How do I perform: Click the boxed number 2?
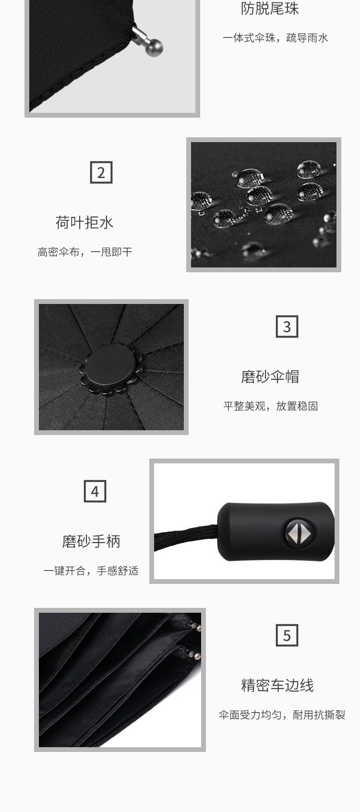pos(101,172)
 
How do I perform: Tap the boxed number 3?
pos(287,327)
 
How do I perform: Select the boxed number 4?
pos(95,491)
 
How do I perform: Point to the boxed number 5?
pos(287,635)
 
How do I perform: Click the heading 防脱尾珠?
pos(270,9)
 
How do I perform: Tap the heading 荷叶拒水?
pos(84,222)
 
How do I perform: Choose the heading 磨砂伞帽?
pos(270,376)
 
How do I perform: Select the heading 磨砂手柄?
pos(91,542)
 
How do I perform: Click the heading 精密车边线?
pos(277,686)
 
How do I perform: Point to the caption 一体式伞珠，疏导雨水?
pos(276,38)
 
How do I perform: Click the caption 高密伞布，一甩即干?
pos(85,252)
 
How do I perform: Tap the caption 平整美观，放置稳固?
pos(271,406)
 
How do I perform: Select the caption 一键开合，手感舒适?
pos(91,571)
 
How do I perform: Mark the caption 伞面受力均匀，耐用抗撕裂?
pos(282,715)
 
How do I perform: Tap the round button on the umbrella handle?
pos(299,533)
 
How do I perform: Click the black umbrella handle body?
pos(276,532)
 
